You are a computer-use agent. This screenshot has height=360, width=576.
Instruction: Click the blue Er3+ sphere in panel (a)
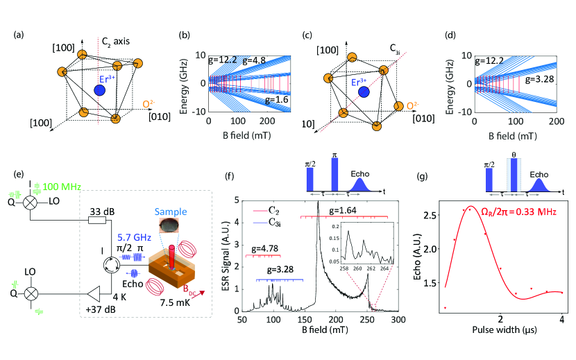point(100,89)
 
